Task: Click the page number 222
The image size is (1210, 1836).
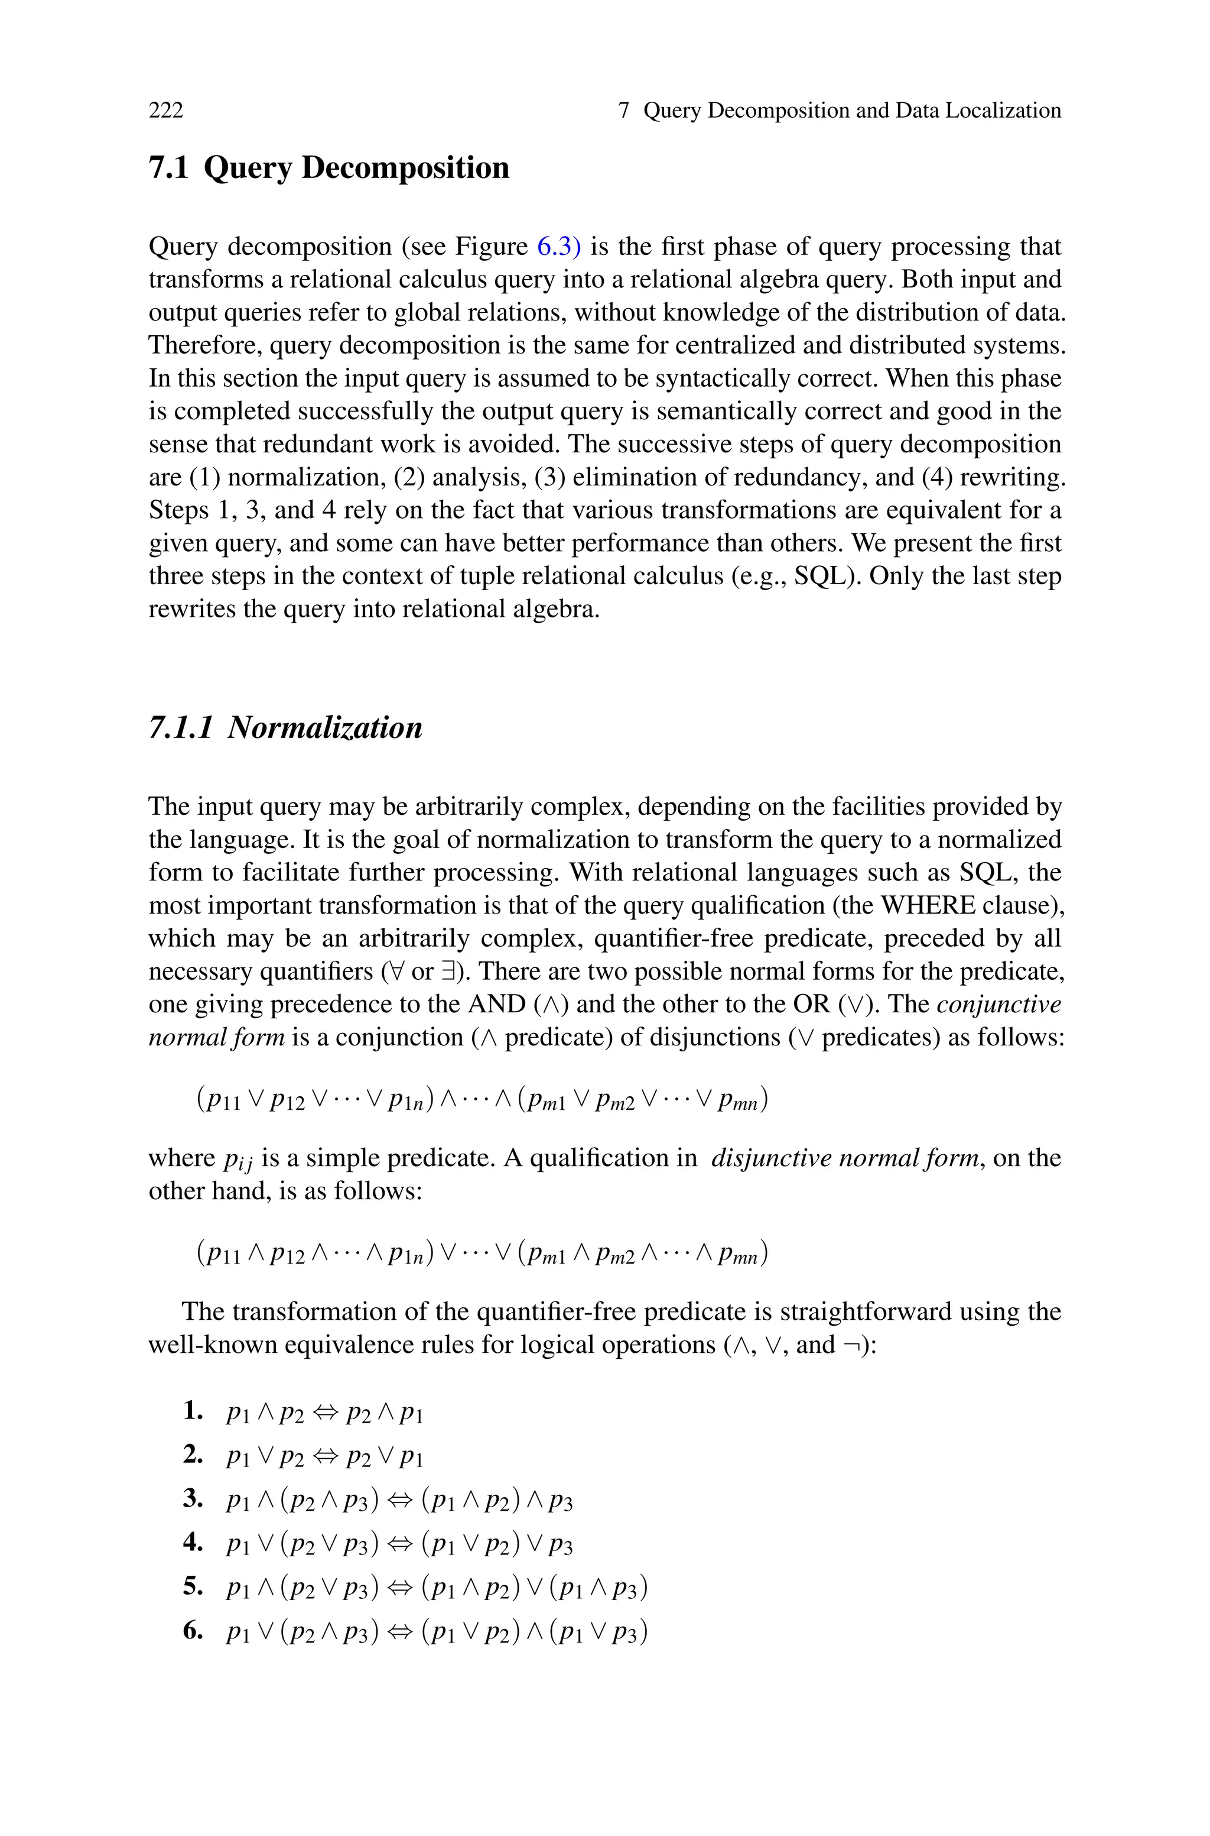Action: tap(166, 111)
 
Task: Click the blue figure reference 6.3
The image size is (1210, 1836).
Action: tap(558, 247)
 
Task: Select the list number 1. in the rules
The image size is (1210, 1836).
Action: tap(193, 1411)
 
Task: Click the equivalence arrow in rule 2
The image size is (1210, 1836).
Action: tap(325, 1456)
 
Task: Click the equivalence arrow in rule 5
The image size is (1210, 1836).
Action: tap(401, 1588)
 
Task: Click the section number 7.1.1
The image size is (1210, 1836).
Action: tap(180, 727)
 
